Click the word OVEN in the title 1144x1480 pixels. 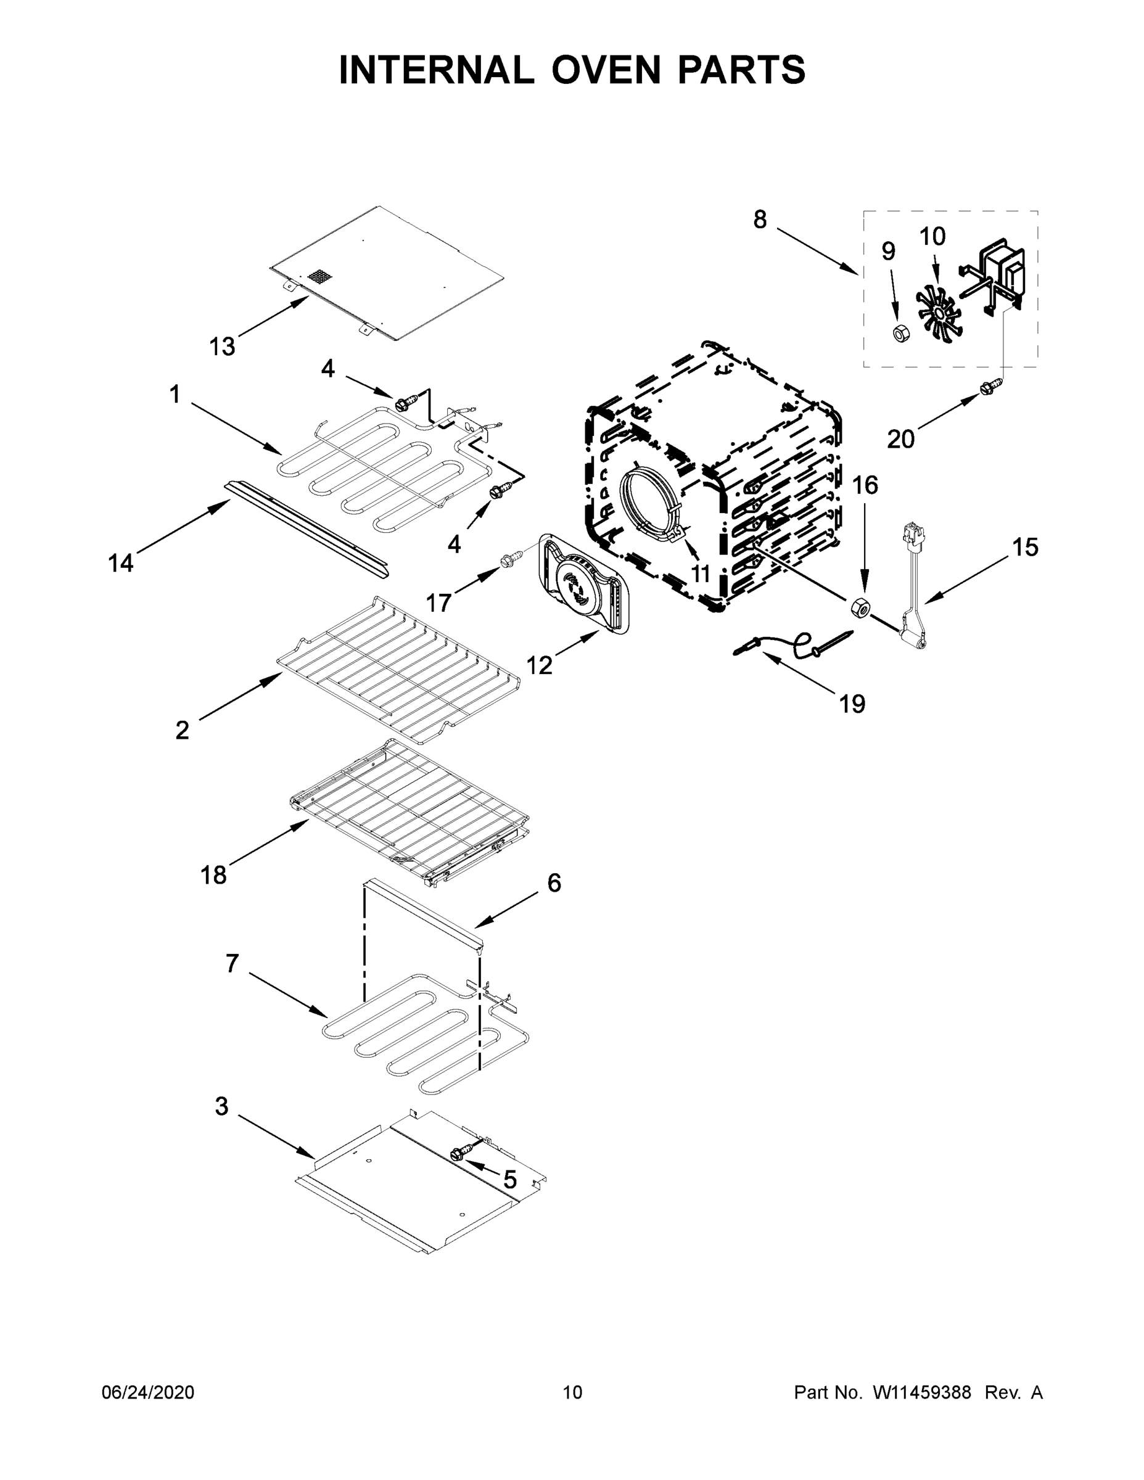605,69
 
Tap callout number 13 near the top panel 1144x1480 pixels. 221,347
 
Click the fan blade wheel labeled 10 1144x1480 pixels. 939,311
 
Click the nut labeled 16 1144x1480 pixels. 859,607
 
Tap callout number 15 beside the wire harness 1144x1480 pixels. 1026,547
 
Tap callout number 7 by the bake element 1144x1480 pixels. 233,964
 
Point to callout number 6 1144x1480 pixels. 554,883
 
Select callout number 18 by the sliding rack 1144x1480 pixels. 213,875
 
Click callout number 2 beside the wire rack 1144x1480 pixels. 183,730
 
